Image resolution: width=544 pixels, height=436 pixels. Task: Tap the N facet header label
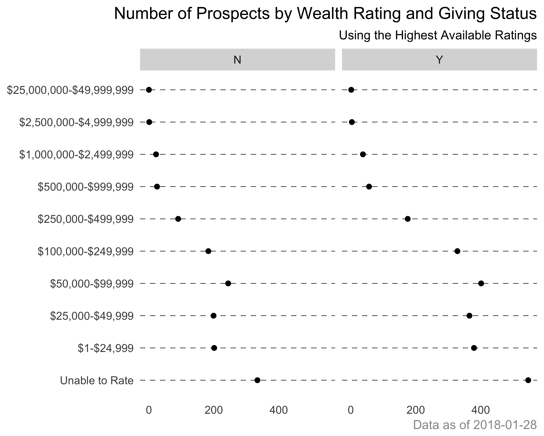point(237,60)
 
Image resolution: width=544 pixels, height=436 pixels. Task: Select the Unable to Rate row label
point(97,380)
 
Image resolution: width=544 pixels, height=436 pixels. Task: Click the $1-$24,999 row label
point(105,348)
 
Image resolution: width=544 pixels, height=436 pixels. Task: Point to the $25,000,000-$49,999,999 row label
point(70,90)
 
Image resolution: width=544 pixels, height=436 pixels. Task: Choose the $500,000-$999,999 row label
point(86,187)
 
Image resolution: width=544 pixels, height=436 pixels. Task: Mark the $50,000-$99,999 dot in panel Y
point(481,283)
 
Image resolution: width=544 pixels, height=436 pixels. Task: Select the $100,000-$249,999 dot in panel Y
point(457,251)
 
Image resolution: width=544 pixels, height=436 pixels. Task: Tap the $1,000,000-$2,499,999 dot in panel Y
point(363,154)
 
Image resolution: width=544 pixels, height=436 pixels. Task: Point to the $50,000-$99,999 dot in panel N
point(228,283)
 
